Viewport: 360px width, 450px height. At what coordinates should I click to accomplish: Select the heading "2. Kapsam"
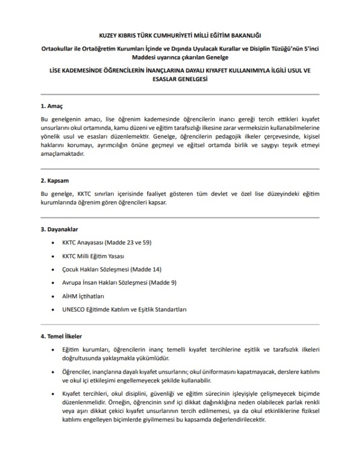point(55,180)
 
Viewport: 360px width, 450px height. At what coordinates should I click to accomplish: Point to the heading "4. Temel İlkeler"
point(62,337)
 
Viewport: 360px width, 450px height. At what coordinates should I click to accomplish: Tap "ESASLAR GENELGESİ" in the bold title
point(180,79)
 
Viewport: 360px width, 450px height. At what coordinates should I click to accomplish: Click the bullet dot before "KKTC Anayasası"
point(51,242)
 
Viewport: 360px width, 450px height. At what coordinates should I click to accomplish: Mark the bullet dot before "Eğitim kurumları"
point(51,350)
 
